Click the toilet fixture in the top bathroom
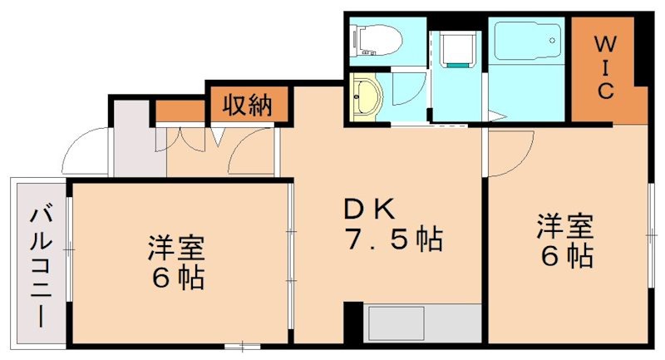coord(376,40)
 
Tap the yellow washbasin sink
coord(367,97)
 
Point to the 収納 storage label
coord(248,104)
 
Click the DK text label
coord(370,209)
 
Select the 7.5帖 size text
coord(395,239)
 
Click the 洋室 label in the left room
coord(176,247)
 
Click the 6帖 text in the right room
coord(567,255)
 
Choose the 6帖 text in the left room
coord(179,278)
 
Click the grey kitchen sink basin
coord(397,323)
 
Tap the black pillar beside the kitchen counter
coord(353,323)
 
